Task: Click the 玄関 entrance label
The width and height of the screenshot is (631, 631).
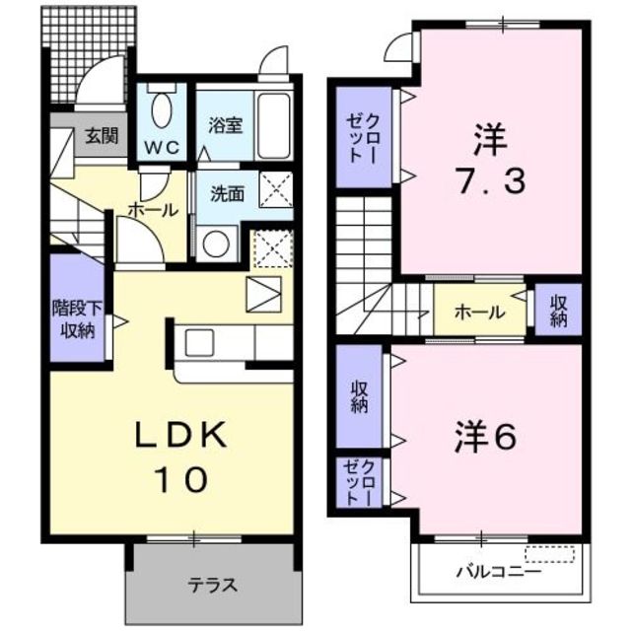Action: coord(100,136)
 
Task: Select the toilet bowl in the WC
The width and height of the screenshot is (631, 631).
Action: coord(164,105)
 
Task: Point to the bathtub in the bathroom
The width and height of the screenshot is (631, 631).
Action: coord(272,119)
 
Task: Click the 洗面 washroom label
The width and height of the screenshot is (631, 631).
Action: coord(227,193)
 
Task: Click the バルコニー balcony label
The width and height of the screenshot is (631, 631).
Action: coord(497,571)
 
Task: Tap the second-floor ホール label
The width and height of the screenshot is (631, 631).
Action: coord(479,313)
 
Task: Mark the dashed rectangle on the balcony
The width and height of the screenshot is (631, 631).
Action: coord(550,553)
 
